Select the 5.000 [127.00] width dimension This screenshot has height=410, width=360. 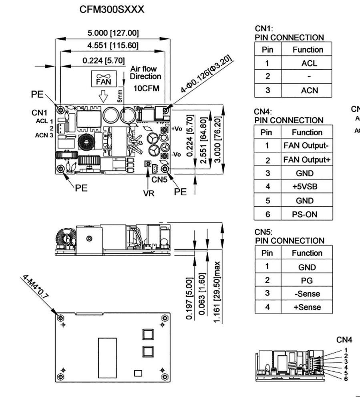(114, 33)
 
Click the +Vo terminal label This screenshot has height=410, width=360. (177, 129)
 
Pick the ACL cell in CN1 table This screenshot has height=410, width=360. (307, 63)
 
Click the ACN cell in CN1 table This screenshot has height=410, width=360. (307, 90)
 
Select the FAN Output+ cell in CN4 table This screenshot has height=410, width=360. (307, 160)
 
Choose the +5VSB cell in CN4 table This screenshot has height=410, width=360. (307, 187)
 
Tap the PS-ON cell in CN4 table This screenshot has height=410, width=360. (307, 214)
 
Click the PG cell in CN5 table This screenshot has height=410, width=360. (307, 280)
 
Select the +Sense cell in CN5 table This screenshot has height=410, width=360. (307, 307)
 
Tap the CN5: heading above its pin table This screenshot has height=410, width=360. (264, 232)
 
